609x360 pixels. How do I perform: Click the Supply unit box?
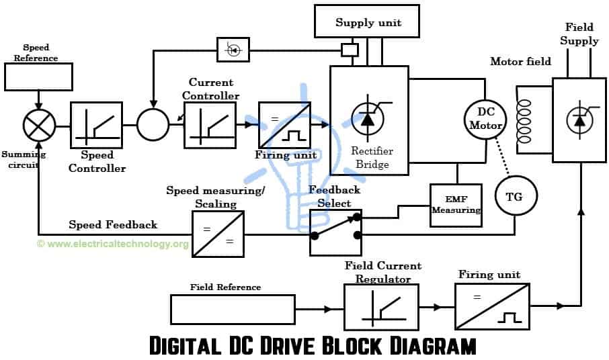coord(368,23)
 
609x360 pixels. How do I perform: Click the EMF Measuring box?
coord(456,205)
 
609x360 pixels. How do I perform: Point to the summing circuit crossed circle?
coord(38,125)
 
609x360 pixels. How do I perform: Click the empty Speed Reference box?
coord(38,77)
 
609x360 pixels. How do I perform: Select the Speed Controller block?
coord(96,125)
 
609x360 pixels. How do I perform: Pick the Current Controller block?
coord(210,125)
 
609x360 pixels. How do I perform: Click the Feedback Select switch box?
coord(335,232)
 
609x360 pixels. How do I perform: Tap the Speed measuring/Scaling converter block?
coord(218,234)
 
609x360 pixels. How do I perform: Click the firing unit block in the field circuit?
coord(491,306)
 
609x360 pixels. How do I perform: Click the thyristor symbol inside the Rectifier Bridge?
coord(367,119)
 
